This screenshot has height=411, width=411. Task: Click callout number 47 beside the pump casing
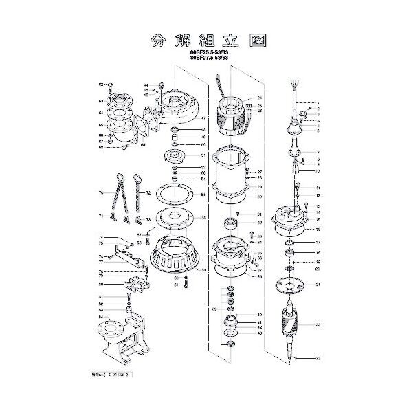click(x=203, y=118)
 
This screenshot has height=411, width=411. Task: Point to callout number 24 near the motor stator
click(x=260, y=98)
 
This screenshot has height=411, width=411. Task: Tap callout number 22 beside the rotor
click(x=318, y=324)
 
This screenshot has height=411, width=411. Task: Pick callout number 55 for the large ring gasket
click(x=203, y=195)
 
